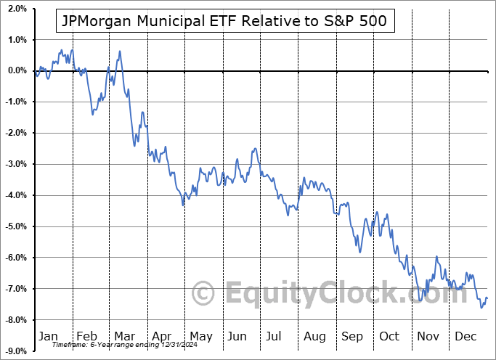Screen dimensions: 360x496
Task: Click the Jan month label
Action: coord(48,336)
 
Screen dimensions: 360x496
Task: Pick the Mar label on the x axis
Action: coord(123,336)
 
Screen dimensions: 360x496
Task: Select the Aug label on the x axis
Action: coord(314,336)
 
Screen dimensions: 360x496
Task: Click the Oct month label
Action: coord(389,336)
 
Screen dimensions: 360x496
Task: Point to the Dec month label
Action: coord(465,336)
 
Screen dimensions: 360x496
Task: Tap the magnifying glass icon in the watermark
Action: coord(204,294)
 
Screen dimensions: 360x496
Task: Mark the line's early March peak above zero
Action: coord(119,51)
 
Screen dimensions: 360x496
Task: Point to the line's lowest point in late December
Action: coord(481,308)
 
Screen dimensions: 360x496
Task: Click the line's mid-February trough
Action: coord(92,114)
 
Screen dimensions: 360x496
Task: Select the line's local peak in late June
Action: coord(255,149)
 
